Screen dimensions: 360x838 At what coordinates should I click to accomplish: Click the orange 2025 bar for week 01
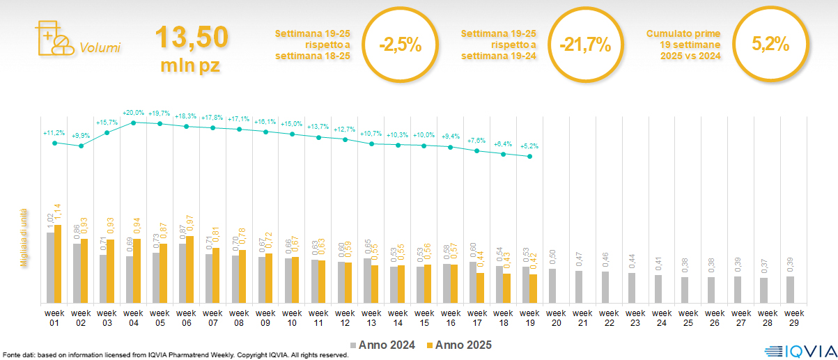click(x=58, y=264)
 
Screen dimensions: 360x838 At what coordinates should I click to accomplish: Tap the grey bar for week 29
click(x=790, y=290)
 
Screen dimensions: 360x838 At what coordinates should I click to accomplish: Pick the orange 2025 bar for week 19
click(x=534, y=289)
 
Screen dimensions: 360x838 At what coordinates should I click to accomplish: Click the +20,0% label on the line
click(x=133, y=113)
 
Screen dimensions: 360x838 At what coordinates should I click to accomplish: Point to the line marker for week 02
click(x=81, y=146)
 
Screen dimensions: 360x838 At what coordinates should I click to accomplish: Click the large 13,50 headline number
click(x=191, y=37)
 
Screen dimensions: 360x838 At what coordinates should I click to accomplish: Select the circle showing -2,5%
click(x=401, y=45)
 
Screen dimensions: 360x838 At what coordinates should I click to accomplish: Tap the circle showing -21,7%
click(x=585, y=45)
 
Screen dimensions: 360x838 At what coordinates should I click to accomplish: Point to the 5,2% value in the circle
click(x=770, y=45)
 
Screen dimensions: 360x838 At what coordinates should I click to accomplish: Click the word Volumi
click(x=100, y=47)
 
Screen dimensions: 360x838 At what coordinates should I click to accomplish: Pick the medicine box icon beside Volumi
click(x=52, y=38)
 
